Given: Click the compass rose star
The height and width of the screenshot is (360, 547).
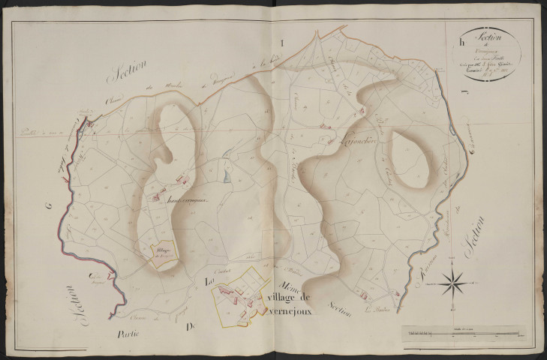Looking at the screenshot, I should point(450,283).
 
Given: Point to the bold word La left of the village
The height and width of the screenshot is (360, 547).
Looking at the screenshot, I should point(211,281).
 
